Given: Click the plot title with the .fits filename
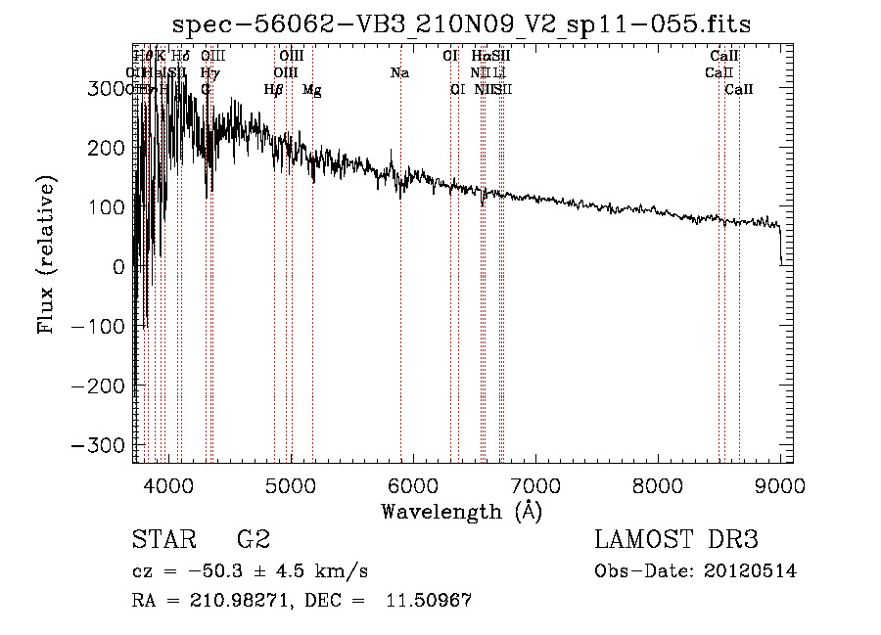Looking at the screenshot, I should (461, 24).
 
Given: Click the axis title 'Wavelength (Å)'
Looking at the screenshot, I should (461, 511).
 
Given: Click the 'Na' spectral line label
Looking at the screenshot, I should (399, 73).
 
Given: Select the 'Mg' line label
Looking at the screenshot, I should (311, 90).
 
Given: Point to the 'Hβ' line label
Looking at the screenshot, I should (274, 90).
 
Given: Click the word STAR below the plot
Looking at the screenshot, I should (163, 540).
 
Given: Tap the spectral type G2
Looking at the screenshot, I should (254, 540).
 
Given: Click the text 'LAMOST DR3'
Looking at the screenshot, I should (676, 540).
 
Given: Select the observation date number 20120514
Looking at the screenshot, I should (749, 571).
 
